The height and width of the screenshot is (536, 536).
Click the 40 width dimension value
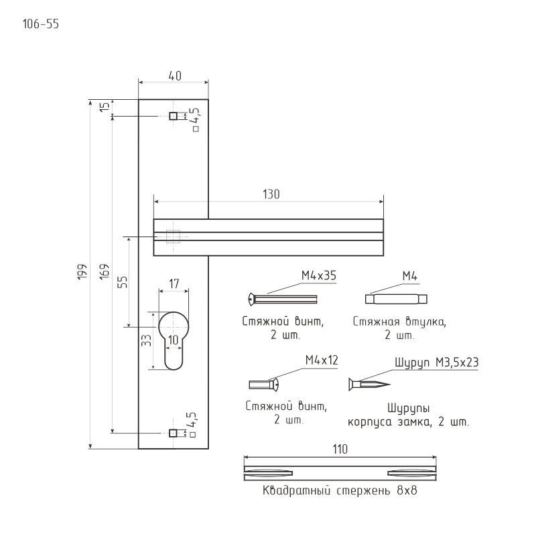pos(174,76)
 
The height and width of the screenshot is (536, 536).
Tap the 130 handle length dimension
pos(271,194)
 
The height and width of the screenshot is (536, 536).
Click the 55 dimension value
pos(123,281)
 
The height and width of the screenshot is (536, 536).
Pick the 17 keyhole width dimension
pos(174,284)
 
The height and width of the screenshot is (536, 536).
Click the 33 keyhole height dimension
pos(145,340)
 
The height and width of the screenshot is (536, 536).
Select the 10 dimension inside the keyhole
pos(174,340)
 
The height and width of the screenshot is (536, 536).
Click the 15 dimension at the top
pos(105,107)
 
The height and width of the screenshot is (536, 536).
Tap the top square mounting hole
pos(173,117)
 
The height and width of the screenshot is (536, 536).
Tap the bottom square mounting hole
pos(173,433)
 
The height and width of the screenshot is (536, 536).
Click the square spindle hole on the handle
pos(173,237)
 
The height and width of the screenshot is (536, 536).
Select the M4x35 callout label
pos(318,275)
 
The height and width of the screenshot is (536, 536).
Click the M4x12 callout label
pos(322,360)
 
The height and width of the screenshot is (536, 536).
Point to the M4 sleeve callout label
pos(410,275)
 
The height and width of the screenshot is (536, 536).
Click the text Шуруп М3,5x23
pos(435,362)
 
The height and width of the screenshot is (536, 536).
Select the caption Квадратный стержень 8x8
pos(340,491)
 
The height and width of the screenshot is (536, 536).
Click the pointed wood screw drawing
pos(368,385)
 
